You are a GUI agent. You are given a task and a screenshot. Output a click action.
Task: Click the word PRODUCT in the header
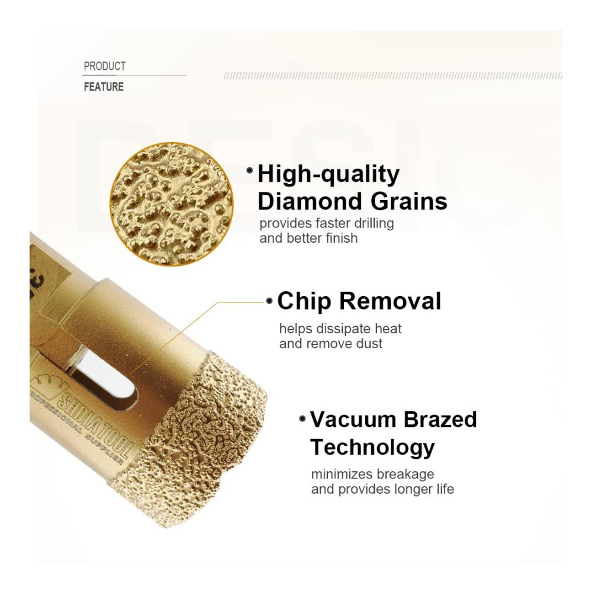tap(105, 66)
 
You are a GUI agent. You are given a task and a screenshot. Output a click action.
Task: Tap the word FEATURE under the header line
tap(104, 87)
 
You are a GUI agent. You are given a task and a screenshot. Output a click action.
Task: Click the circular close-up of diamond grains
tap(172, 204)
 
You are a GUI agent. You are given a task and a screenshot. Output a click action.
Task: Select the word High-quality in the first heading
tap(329, 175)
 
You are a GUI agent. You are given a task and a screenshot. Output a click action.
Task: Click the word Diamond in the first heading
tap(310, 201)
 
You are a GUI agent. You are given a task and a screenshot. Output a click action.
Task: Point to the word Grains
tap(408, 201)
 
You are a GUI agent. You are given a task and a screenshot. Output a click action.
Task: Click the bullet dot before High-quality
tap(250, 170)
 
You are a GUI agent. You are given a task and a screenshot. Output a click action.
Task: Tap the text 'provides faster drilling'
tap(327, 224)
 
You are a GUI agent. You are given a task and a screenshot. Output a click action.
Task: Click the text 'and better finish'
tap(308, 238)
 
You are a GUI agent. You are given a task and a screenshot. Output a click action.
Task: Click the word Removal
tap(390, 301)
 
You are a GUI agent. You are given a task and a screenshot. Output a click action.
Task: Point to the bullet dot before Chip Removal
tap(269, 301)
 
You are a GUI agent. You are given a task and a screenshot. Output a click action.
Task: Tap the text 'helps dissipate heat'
tap(340, 329)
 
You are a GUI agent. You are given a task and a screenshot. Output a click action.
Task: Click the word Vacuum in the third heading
tap(352, 420)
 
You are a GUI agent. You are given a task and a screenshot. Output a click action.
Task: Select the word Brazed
tap(440, 420)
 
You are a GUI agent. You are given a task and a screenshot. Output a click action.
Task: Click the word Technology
tap(372, 448)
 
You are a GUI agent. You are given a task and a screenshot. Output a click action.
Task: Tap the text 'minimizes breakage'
tap(372, 475)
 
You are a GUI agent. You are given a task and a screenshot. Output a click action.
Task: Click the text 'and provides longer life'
tap(382, 490)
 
